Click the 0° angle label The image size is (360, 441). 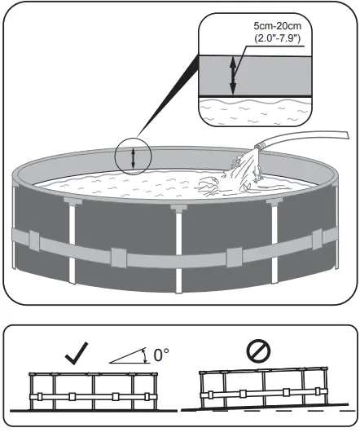click(x=162, y=355)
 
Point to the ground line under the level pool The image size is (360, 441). click(x=92, y=412)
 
